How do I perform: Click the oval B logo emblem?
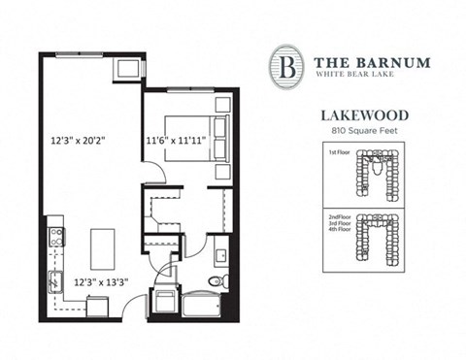coord(285,66)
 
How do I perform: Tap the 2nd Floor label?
coord(338,219)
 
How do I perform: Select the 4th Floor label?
coord(338,237)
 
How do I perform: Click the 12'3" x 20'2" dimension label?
coord(79,141)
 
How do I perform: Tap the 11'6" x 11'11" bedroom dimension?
coord(176,141)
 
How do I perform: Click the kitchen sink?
coord(55,282)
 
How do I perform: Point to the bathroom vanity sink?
coord(220,256)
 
